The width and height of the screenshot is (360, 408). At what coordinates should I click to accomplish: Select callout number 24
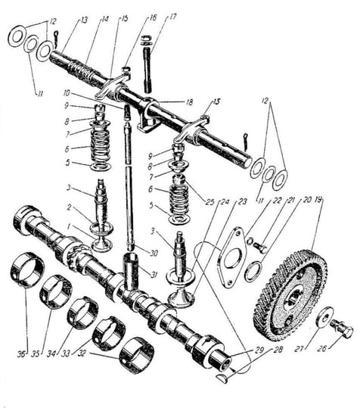(225, 201)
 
